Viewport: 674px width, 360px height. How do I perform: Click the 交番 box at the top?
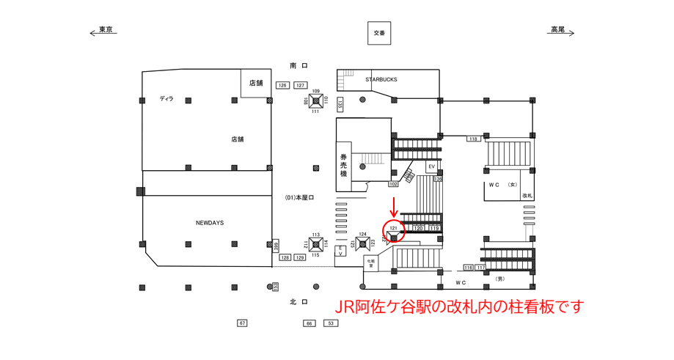tap(378, 33)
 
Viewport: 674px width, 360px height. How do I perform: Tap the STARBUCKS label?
tap(381, 79)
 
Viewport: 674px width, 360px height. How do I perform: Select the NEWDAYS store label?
tap(209, 222)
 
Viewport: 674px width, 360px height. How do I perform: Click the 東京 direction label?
tap(105, 30)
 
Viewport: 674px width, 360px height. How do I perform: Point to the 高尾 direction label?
tap(560, 30)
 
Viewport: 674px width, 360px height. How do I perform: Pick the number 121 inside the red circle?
tap(393, 228)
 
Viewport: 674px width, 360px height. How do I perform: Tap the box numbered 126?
tap(282, 86)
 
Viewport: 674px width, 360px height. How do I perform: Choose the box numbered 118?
tap(473, 139)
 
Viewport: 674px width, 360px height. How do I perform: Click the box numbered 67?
tap(243, 323)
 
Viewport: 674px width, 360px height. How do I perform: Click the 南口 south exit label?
tap(298, 66)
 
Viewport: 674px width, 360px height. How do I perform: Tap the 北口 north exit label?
tap(298, 301)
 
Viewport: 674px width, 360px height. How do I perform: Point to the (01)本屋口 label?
tap(299, 197)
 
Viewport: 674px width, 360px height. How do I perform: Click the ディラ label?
tap(166, 98)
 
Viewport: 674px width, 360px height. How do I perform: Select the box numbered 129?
tap(299, 258)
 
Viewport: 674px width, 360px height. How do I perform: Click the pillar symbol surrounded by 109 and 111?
tap(316, 101)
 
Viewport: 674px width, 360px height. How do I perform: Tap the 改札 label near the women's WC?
tap(527, 196)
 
